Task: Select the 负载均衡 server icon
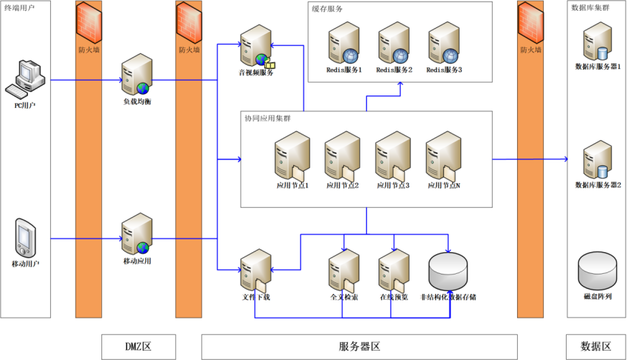(136, 75)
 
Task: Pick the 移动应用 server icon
(136, 234)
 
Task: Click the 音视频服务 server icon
(256, 45)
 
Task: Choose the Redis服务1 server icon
(343, 43)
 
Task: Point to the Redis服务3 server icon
(443, 43)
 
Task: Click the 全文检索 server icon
(343, 272)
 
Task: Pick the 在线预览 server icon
(394, 272)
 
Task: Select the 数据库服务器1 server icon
(597, 41)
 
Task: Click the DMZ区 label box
(137, 346)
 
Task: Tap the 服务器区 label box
(359, 346)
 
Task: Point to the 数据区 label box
(595, 346)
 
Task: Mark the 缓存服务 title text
(327, 9)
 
